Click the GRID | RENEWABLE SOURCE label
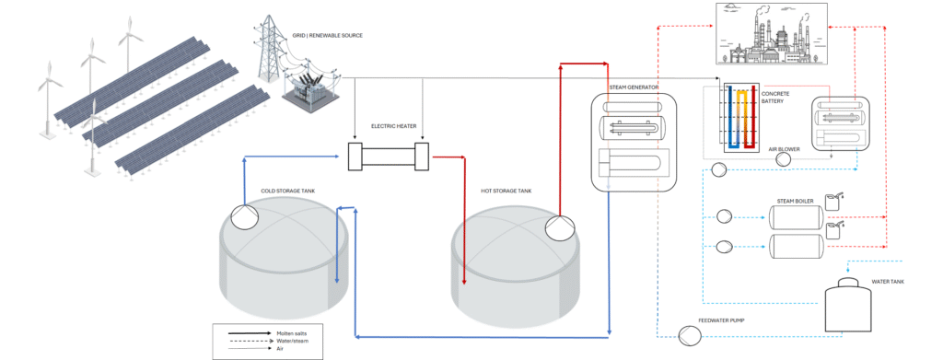pos(327,36)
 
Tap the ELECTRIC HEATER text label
pos(390,126)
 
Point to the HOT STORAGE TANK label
pos(506,192)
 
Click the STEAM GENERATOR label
pos(634,87)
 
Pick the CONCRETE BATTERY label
pos(775,98)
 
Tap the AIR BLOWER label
pos(782,148)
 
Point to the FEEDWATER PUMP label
pos(721,321)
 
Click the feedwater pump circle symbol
pos(690,335)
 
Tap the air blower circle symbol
pos(783,159)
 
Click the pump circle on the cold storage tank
pos(244,216)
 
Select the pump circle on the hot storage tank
pos(560,227)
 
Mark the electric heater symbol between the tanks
pos(390,157)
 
